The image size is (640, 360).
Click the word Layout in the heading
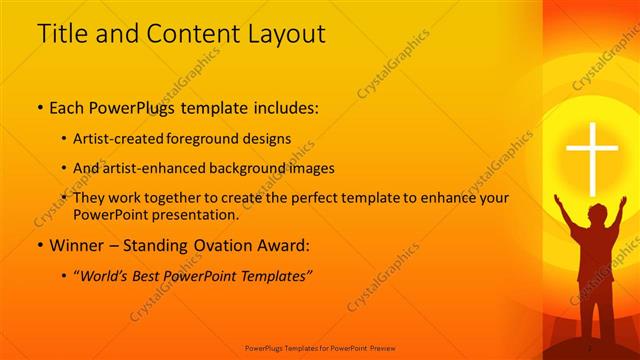(284, 33)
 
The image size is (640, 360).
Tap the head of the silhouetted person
(596, 214)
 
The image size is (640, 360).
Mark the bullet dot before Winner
(39, 245)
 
